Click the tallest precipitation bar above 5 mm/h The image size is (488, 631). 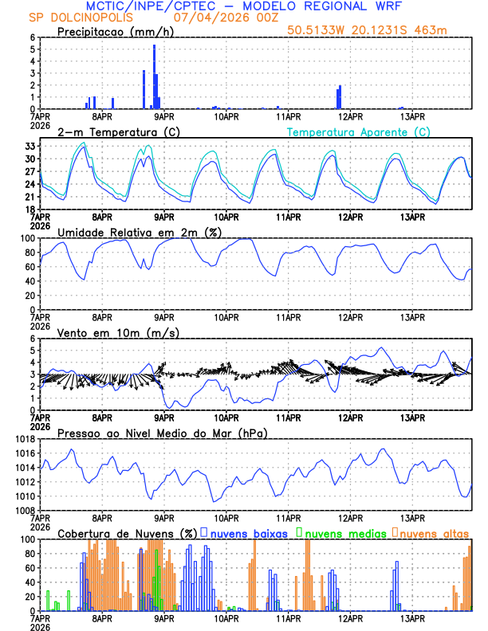(x=154, y=76)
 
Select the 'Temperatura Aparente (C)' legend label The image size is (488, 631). (x=359, y=131)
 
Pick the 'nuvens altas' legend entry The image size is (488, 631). (x=431, y=532)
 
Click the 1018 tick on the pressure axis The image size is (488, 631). (x=24, y=439)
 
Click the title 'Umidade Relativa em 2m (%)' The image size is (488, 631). (x=139, y=232)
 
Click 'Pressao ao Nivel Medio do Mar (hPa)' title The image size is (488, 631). (x=162, y=433)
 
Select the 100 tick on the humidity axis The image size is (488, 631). (x=26, y=238)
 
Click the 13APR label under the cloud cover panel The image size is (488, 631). (x=412, y=617)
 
